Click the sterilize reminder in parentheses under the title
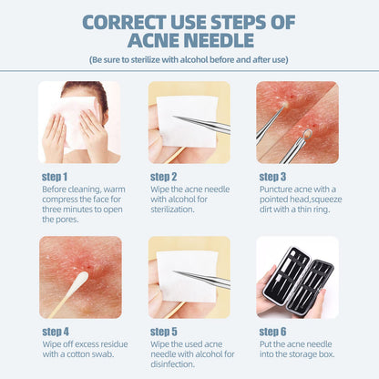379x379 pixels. [x=189, y=59]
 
